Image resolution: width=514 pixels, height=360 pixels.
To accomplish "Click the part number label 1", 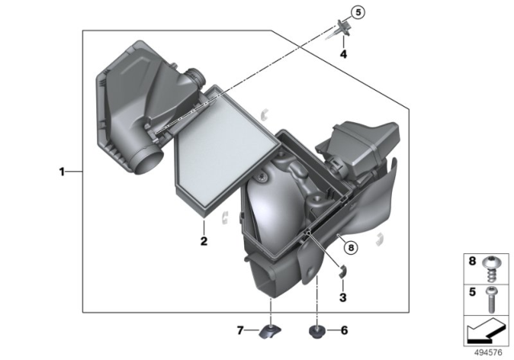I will [62, 171].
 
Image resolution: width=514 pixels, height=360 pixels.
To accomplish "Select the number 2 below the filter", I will [204, 241].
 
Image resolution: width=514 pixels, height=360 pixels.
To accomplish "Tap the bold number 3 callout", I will [343, 297].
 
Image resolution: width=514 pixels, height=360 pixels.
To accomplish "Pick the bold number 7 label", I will [240, 329].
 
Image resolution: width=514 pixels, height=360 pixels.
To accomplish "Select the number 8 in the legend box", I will [473, 261].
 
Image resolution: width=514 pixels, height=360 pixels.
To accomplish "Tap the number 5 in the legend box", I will [473, 294].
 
